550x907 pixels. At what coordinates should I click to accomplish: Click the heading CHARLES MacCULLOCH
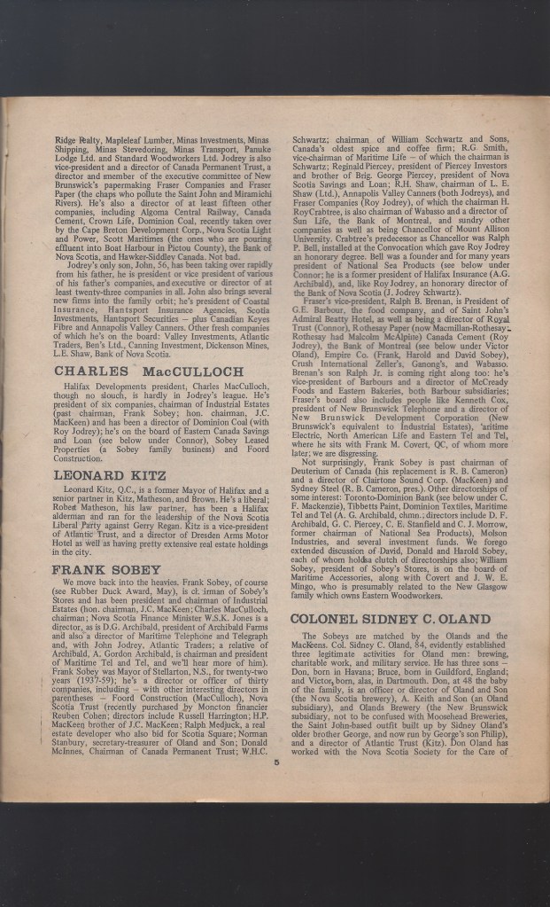(142, 371)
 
